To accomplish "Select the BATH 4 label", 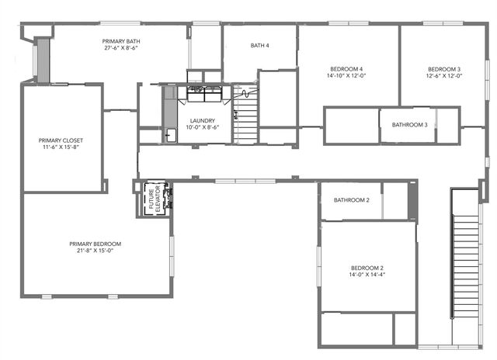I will (259, 46).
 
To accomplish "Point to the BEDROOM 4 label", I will (349, 69).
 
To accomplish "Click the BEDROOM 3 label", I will (444, 69).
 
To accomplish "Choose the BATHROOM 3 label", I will (409, 125).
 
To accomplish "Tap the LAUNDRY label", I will (202, 120).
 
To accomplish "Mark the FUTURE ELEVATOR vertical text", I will (152, 199).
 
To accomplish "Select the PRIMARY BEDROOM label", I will (95, 244).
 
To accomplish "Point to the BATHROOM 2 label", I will (351, 200).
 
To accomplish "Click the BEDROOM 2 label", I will (367, 268).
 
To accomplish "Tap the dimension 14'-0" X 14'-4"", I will (367, 275).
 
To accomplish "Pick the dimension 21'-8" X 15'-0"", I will (95, 251).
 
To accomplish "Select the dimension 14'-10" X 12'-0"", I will (349, 76).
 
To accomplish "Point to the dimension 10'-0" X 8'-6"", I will (202, 127).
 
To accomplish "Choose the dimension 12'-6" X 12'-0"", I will (444, 76).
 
